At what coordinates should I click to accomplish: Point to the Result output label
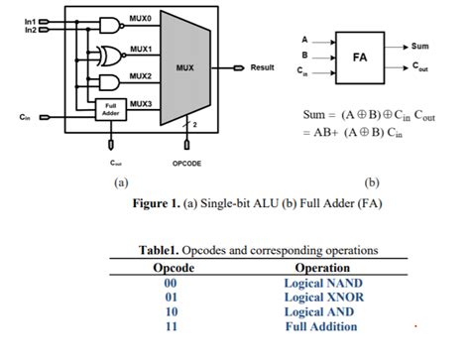262,67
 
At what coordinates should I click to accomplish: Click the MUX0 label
140,19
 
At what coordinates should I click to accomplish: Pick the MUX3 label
140,103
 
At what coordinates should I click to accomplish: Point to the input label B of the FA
303,56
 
